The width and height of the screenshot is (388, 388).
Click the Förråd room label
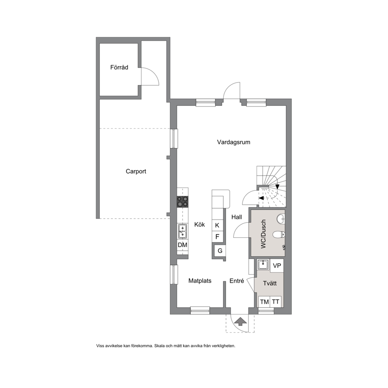[x=119, y=67]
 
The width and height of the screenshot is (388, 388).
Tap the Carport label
[x=136, y=171]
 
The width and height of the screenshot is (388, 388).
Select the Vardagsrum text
[x=234, y=142]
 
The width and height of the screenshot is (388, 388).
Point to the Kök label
[x=199, y=225]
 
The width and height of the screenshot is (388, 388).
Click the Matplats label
[x=200, y=281]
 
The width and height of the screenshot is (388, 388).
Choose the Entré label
[x=237, y=280]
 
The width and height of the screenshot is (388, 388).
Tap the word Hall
[x=237, y=217]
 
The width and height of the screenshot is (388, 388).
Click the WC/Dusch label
[x=263, y=234]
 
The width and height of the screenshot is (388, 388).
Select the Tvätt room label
[x=270, y=283]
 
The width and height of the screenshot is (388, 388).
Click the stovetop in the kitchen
[x=182, y=201]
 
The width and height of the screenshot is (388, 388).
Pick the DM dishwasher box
[x=183, y=245]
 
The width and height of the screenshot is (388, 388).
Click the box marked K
[x=217, y=225]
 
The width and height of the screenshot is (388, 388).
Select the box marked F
[x=217, y=237]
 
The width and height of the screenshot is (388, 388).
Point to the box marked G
[x=220, y=251]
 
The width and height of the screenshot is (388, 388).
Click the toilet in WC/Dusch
[x=279, y=234]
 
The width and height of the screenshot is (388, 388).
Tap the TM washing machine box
[x=264, y=302]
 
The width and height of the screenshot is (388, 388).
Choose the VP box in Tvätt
[x=277, y=266]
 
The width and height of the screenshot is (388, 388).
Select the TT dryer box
[x=276, y=302]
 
